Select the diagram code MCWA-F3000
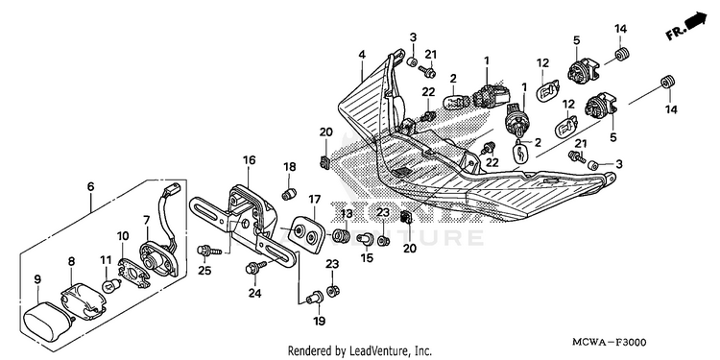[609, 343]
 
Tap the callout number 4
[362, 55]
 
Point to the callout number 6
[90, 186]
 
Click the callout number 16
[250, 160]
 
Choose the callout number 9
[37, 279]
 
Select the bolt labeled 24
[256, 267]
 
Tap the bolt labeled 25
[208, 251]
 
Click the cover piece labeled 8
[84, 300]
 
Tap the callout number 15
[367, 258]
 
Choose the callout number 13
[347, 213]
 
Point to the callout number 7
[147, 220]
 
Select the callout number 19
[319, 321]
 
